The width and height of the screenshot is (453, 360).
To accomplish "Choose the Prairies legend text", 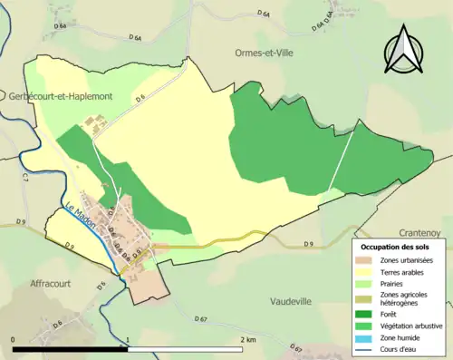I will tap(397, 282).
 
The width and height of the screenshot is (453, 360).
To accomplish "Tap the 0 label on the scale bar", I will tap(14, 339).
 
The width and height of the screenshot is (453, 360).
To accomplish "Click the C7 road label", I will tap(25, 180).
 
